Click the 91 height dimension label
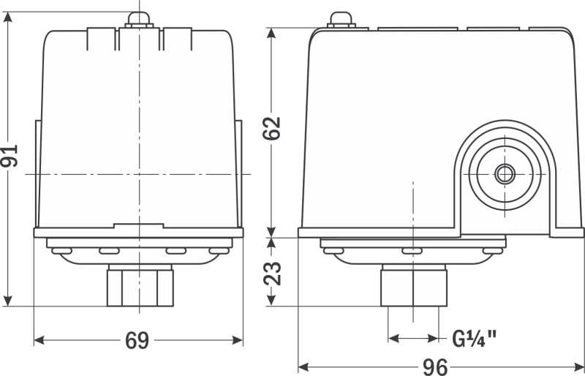click(x=9, y=156)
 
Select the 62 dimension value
click(x=271, y=129)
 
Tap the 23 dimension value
click(x=272, y=274)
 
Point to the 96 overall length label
click(x=435, y=367)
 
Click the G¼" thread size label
click(x=474, y=339)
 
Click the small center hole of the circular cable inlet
click(x=505, y=174)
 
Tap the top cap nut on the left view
click(x=139, y=20)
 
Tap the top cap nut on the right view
click(x=341, y=20)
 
